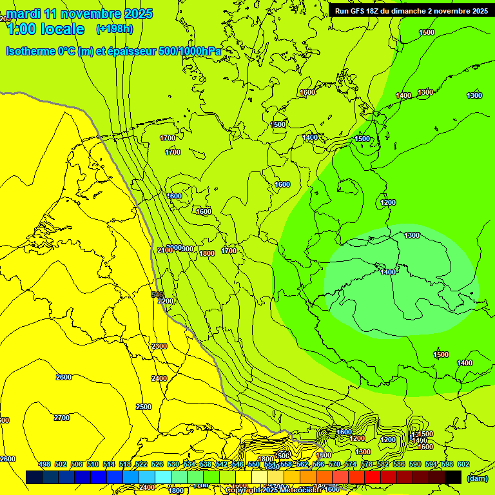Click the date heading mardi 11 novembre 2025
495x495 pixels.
(80, 14)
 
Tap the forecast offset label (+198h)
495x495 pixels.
(114, 28)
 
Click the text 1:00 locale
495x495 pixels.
(45, 29)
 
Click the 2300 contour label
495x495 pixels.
(159, 346)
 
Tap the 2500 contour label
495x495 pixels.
(144, 407)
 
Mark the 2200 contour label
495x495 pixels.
(166, 301)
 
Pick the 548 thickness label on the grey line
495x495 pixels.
(157, 294)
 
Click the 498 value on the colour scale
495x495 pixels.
(44, 464)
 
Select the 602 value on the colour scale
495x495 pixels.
(463, 464)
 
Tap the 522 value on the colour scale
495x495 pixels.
(141, 464)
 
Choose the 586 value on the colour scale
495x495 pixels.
(399, 464)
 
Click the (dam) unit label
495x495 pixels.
(476, 478)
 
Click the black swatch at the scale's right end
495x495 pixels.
(453, 477)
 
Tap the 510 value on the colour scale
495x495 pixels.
(93, 464)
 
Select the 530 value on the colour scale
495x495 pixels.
(173, 464)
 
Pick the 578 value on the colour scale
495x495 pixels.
(367, 464)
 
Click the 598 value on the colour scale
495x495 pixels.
(447, 464)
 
